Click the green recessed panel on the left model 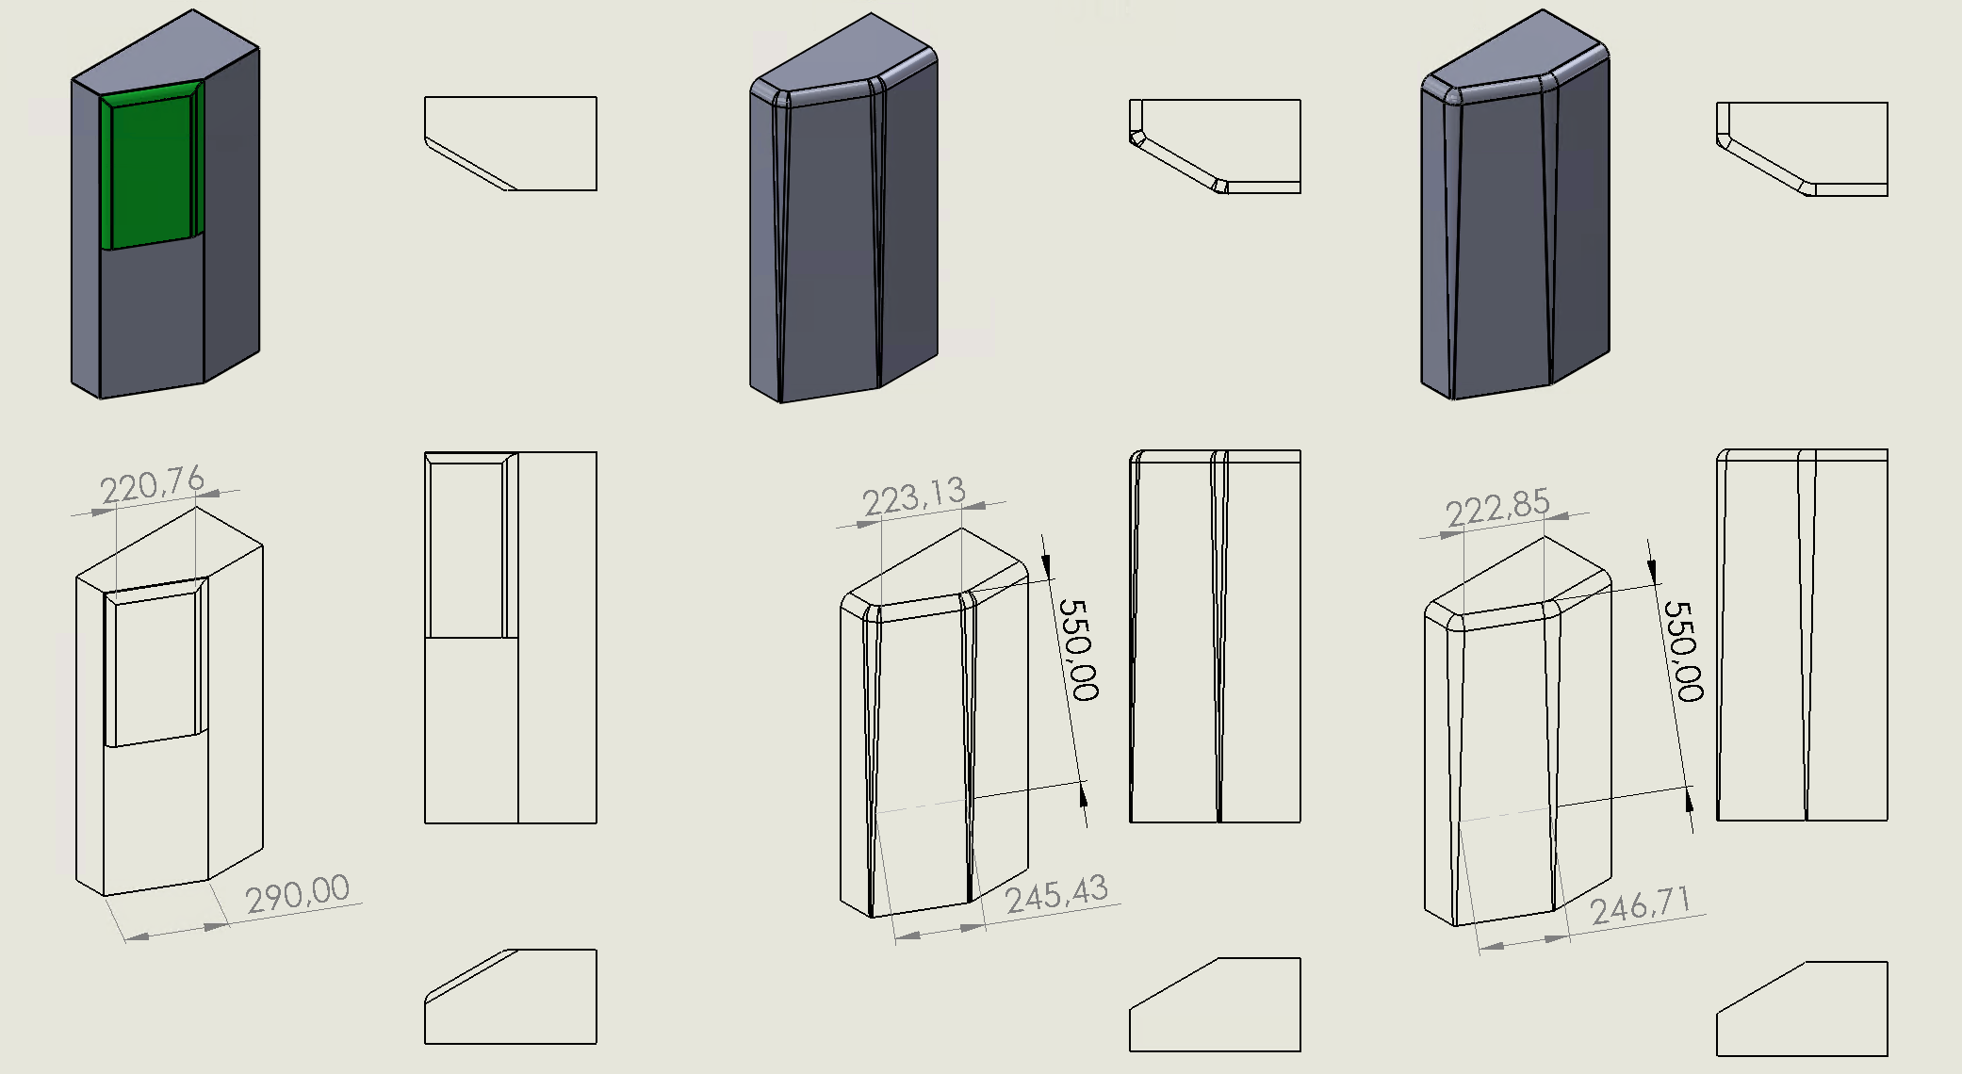[x=151, y=170]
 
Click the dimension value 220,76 [x=153, y=486]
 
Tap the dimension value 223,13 [x=914, y=496]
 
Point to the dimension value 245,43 [x=1056, y=894]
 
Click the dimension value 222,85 [x=1497, y=508]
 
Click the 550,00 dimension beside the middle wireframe [x=1078, y=650]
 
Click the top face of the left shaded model [x=170, y=57]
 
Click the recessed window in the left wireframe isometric [x=153, y=664]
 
